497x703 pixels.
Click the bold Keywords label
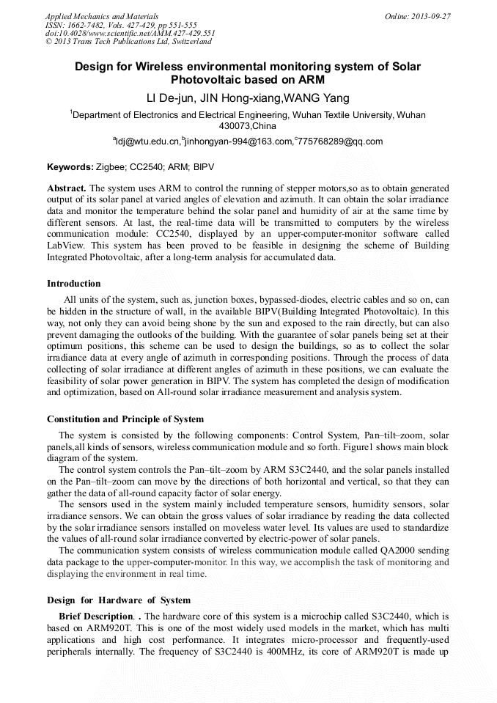(x=70, y=167)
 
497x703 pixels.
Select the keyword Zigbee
(x=112, y=167)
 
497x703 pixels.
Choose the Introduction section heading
(x=74, y=284)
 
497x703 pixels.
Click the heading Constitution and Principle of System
(x=125, y=419)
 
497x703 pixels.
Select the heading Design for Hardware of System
(x=119, y=600)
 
